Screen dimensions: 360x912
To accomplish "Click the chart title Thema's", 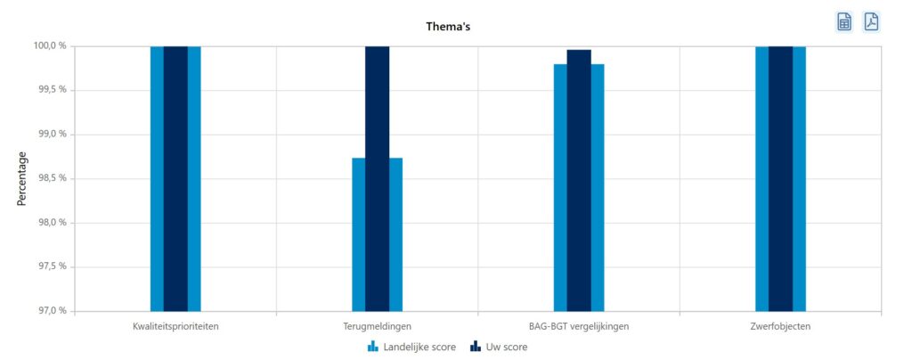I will point(448,27).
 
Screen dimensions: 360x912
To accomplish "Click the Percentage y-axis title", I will point(22,178).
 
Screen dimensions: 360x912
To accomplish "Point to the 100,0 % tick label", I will point(47,45).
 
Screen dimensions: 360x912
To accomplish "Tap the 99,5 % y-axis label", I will point(49,90).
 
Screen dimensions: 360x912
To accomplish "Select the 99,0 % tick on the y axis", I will point(49,135).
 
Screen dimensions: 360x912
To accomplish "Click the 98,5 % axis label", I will point(49,178).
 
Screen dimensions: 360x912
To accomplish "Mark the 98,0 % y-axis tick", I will point(49,223).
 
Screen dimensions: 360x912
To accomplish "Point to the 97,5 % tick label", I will point(49,266).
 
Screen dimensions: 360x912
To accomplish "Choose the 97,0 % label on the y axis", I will point(49,311).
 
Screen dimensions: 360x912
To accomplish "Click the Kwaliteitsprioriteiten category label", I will point(175,326).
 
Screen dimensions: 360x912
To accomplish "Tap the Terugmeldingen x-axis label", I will point(377,326).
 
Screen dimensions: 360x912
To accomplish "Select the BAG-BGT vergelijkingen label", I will point(579,326).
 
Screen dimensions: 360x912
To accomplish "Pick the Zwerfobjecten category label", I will point(780,326).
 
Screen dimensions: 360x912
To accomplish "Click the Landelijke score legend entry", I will point(411,347).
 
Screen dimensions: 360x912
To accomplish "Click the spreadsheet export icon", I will point(843,22).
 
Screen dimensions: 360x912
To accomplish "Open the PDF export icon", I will point(871,22).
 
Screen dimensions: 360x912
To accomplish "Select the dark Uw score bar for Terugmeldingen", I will point(377,178).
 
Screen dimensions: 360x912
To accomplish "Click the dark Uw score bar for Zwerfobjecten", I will point(780,178).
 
